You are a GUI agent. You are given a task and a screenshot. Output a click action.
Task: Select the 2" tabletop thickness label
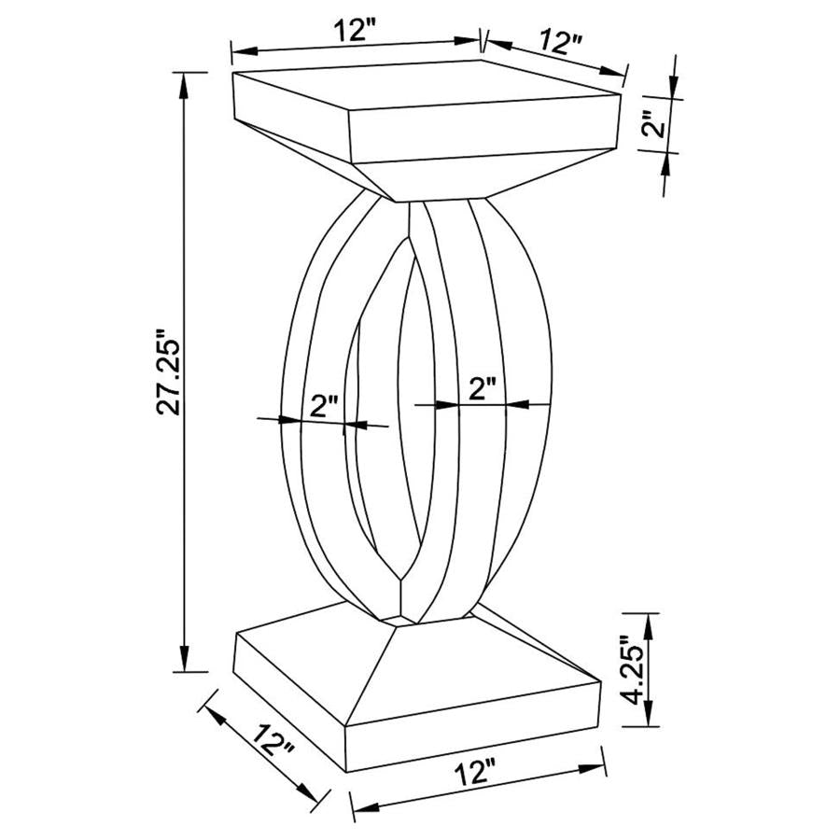point(659,123)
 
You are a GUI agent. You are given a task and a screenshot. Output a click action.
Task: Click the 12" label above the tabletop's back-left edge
point(356,31)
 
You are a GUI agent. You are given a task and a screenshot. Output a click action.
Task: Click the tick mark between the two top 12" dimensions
point(483,40)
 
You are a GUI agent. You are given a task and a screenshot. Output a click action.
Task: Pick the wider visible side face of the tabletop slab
point(485,129)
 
